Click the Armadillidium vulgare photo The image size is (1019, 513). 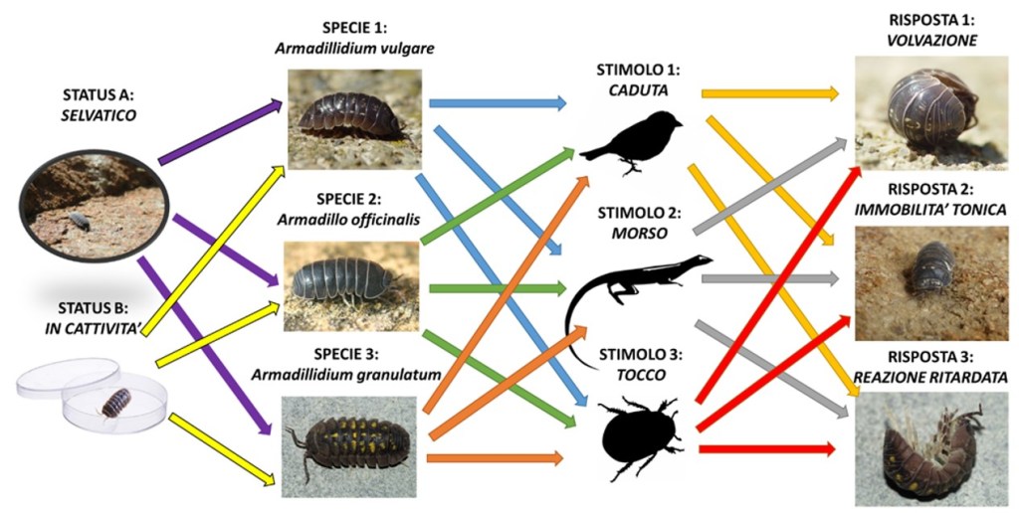(x=354, y=117)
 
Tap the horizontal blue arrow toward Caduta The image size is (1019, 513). (x=496, y=102)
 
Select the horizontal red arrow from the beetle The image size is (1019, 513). (x=766, y=450)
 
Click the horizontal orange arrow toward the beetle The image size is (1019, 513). (x=494, y=458)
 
